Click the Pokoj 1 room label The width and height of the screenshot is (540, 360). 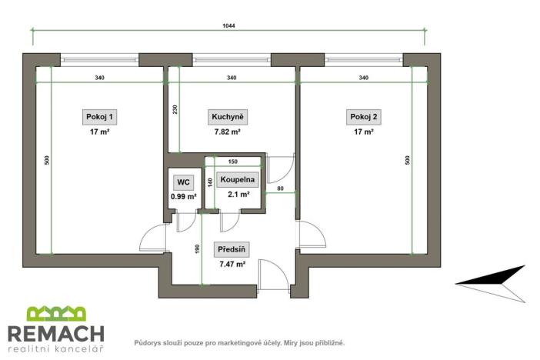click(101, 117)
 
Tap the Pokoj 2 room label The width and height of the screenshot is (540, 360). click(363, 117)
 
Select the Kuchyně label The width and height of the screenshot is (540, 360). click(227, 117)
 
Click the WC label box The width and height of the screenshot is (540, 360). click(183, 182)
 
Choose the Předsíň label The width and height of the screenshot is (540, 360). click(232, 250)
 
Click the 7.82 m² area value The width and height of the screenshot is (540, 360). click(227, 132)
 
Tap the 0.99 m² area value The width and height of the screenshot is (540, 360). click(183, 196)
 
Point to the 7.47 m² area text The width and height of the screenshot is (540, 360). click(232, 264)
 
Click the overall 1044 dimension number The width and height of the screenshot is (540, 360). click(228, 25)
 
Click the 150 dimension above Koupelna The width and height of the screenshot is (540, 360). click(233, 162)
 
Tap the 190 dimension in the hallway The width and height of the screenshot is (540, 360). click(198, 248)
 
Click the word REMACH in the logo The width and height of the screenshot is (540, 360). click(55, 333)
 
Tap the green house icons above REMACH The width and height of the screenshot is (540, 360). click(55, 314)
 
